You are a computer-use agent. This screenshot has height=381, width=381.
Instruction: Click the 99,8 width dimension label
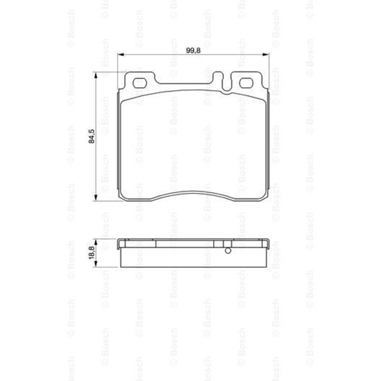pos(193,51)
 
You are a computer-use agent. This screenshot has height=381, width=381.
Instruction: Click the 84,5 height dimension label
pos(91,136)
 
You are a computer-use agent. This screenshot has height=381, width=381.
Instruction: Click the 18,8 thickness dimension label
pos(91,253)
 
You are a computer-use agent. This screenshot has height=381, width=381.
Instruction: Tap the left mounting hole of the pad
pos(139,83)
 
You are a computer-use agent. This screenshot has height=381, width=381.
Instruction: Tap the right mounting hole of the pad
pos(247,83)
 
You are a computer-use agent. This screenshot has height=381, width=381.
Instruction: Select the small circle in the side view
pos(228,251)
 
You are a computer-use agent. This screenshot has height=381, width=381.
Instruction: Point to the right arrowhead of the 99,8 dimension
pos(266,54)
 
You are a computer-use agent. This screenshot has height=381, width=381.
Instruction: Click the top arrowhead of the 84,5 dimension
pos(96,75)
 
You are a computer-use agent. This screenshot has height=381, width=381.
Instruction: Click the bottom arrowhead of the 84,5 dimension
pos(96,198)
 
